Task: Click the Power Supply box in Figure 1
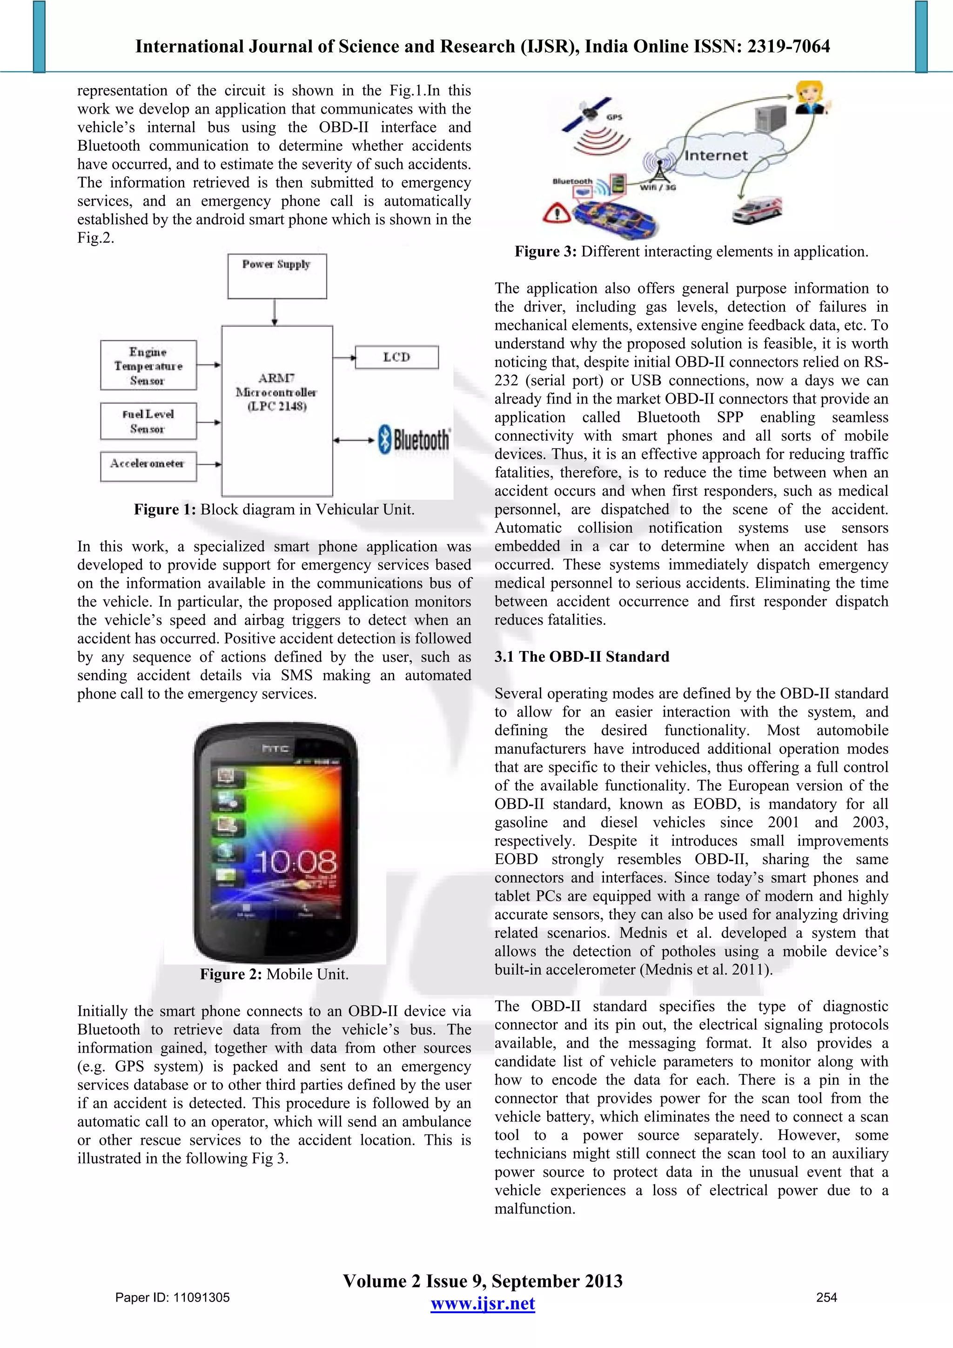pos(276,276)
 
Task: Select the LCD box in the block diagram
pos(396,357)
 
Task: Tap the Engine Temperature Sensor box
pos(148,366)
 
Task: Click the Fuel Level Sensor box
pos(148,421)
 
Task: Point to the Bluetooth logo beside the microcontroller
pos(414,440)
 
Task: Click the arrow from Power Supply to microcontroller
pos(274,312)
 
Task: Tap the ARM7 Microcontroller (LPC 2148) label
pos(276,392)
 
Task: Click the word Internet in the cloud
pos(715,155)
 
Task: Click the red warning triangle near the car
pos(556,213)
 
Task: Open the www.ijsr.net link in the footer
pos(483,1304)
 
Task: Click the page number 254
pos(826,1297)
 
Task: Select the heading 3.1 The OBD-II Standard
pos(581,657)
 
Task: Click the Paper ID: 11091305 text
pos(173,1297)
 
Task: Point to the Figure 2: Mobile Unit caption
pos(274,974)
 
